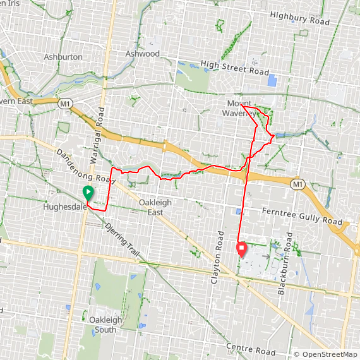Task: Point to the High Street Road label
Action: [x=234, y=64]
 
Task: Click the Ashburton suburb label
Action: [x=63, y=57]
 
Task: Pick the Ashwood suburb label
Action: [x=142, y=54]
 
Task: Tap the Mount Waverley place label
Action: [x=239, y=108]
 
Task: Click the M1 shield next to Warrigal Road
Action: [x=64, y=102]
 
